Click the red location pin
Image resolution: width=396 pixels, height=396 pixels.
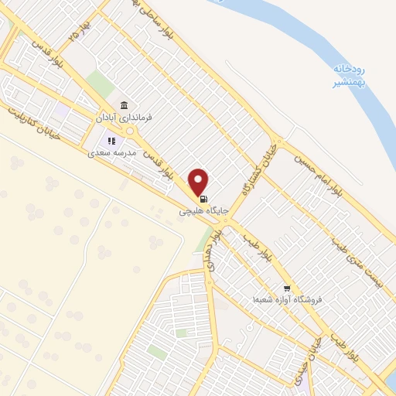point(199,181)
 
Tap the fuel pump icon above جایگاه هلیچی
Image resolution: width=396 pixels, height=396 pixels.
point(203,197)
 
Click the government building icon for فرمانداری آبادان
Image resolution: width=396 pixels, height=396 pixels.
point(124,105)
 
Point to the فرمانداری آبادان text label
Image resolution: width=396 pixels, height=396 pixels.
point(123,118)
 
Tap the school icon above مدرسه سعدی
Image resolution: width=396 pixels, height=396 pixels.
point(111,142)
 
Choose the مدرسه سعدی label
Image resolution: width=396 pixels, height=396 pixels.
point(113,153)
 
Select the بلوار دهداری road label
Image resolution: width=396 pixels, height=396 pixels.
point(213,249)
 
